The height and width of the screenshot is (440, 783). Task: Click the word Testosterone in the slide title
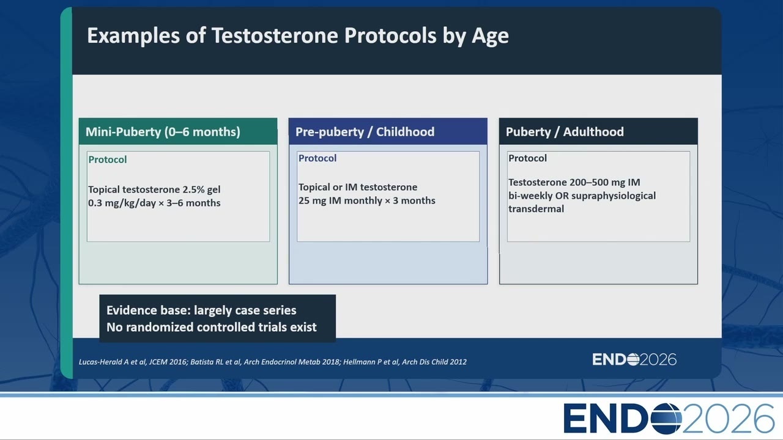point(275,35)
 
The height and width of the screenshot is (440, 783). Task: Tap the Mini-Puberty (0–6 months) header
point(163,131)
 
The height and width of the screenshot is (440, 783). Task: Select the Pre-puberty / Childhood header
point(365,131)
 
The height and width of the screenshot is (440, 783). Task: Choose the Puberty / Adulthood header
point(565,131)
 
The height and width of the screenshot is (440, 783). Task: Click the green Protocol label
point(107,159)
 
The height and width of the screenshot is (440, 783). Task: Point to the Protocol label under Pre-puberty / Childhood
point(317,158)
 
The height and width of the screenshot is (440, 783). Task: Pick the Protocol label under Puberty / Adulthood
point(527,158)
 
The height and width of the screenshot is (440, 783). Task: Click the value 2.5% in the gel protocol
point(193,189)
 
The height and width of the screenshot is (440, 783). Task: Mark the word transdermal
point(536,209)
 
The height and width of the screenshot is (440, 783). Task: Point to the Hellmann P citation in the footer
point(405,362)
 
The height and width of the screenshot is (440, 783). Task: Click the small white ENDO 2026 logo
point(634,359)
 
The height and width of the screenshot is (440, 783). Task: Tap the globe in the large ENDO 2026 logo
point(667,419)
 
